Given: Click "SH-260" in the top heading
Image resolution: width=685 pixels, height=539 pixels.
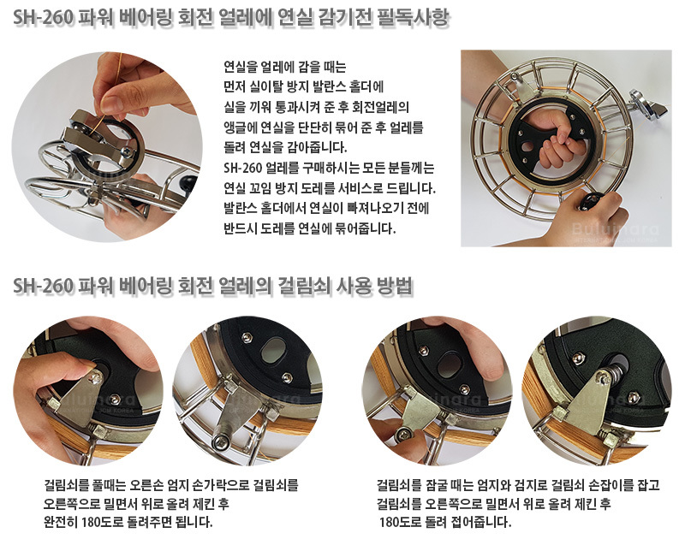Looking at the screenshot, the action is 44,18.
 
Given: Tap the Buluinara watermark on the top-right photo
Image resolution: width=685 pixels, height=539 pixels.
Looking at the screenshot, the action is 615,229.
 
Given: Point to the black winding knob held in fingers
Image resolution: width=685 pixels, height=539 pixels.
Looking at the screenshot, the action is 589,202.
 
